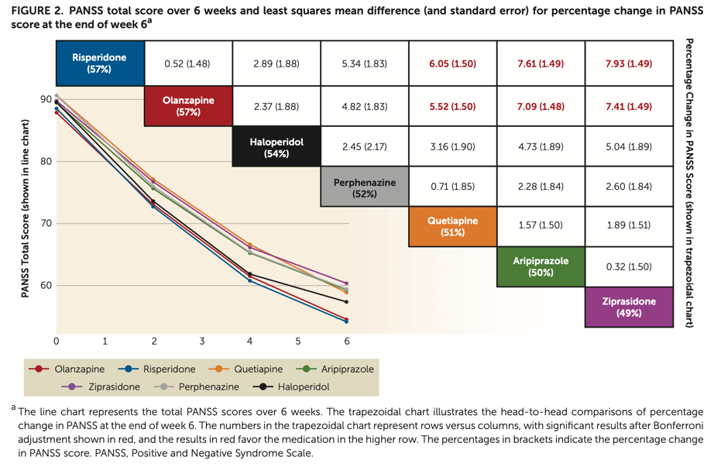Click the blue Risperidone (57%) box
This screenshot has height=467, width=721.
pyautogui.click(x=99, y=64)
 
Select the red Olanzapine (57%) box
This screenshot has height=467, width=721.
pyautogui.click(x=188, y=106)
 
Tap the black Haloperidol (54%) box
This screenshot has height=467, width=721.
pyautogui.click(x=276, y=148)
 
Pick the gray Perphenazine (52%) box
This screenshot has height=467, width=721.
pyautogui.click(x=364, y=188)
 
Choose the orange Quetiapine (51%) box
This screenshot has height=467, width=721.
pyautogui.click(x=452, y=226)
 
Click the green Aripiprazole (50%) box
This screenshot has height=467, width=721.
pyautogui.click(x=541, y=266)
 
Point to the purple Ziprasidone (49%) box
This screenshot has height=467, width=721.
pyautogui.click(x=629, y=307)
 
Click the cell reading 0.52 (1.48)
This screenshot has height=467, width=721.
pyautogui.click(x=187, y=64)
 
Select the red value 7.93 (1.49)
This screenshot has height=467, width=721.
pyautogui.click(x=629, y=64)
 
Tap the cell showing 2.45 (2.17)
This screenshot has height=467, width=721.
pyautogui.click(x=364, y=146)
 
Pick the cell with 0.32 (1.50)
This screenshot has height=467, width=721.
pyautogui.click(x=629, y=266)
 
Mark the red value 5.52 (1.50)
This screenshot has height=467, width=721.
pyautogui.click(x=452, y=106)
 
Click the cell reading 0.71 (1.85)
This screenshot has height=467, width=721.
pyautogui.click(x=452, y=187)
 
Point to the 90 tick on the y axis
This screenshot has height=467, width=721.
pyautogui.click(x=46, y=99)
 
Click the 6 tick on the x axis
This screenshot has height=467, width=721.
pyautogui.click(x=347, y=340)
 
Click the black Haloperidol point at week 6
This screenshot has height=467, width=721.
pyautogui.click(x=346, y=301)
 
